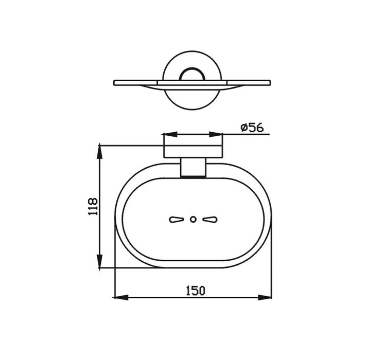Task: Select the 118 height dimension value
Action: [x=93, y=207]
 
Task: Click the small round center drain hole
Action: [x=193, y=220]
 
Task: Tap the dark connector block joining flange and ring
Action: [x=194, y=169]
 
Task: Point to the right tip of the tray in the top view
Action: [x=269, y=82]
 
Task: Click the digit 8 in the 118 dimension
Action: [x=93, y=201]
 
